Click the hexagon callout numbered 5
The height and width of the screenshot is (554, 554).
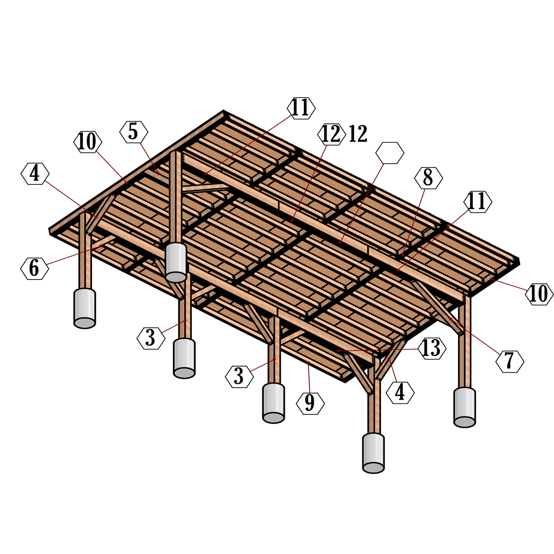pyautogui.click(x=133, y=132)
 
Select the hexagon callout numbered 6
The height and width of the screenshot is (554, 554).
pyautogui.click(x=35, y=268)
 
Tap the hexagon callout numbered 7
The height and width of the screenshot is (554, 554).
pyautogui.click(x=510, y=361)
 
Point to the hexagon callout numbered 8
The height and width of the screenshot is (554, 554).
pyautogui.click(x=428, y=178)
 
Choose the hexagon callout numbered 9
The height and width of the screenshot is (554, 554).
pyautogui.click(x=310, y=403)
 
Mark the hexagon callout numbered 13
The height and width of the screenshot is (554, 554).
pyautogui.click(x=432, y=349)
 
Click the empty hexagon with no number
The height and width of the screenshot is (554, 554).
pyautogui.click(x=390, y=153)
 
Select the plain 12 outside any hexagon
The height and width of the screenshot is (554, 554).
pyautogui.click(x=358, y=134)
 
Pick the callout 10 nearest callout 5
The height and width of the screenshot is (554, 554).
pyautogui.click(x=88, y=142)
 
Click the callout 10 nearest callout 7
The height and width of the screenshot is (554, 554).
pyautogui.click(x=539, y=294)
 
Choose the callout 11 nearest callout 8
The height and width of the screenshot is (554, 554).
pyautogui.click(x=477, y=202)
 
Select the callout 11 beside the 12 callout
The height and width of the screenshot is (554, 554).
pyautogui.click(x=301, y=108)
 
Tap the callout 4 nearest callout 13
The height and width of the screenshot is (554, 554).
pyautogui.click(x=400, y=393)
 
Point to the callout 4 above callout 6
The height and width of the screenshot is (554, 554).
pyautogui.click(x=35, y=174)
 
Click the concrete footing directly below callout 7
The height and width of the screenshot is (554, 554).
pyautogui.click(x=464, y=408)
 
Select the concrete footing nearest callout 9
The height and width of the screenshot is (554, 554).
pyautogui.click(x=273, y=403)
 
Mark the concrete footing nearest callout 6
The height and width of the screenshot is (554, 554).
pyautogui.click(x=84, y=308)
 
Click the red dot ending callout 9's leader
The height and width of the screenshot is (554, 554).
pyautogui.click(x=308, y=362)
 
